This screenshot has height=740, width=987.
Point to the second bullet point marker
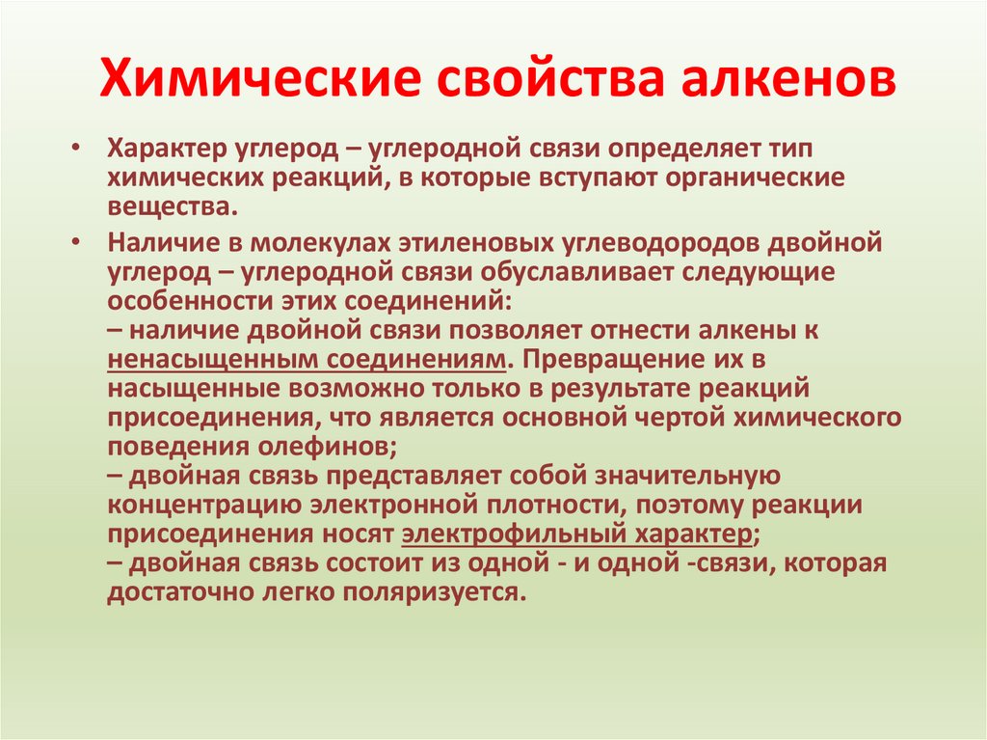[76, 241]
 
